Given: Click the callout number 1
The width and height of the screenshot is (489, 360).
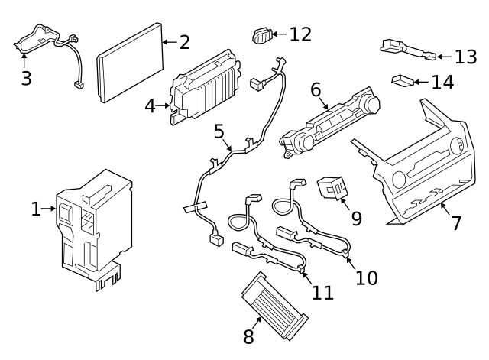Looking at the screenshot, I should (x=36, y=209).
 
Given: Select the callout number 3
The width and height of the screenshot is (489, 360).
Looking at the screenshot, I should (x=26, y=78).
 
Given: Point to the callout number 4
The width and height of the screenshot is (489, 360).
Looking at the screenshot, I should (x=151, y=105).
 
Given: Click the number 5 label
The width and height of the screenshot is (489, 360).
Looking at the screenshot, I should (x=219, y=132).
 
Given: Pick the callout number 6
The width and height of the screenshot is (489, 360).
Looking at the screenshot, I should (x=316, y=89).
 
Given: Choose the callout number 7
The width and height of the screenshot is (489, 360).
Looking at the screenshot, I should (x=456, y=223).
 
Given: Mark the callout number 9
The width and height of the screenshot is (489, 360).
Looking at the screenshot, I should (x=355, y=218).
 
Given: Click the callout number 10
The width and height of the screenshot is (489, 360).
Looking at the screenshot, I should (x=366, y=277).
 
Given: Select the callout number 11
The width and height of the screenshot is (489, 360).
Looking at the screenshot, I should (x=322, y=293).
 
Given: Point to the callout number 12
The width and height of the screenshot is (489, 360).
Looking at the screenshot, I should (x=301, y=34).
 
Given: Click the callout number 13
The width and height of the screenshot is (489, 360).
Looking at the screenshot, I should (x=465, y=57).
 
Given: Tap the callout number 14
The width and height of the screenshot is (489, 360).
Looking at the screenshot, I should (x=442, y=82).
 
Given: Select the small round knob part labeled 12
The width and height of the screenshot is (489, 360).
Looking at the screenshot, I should (x=261, y=34).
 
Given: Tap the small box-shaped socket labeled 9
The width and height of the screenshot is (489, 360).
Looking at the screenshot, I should (x=331, y=187).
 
